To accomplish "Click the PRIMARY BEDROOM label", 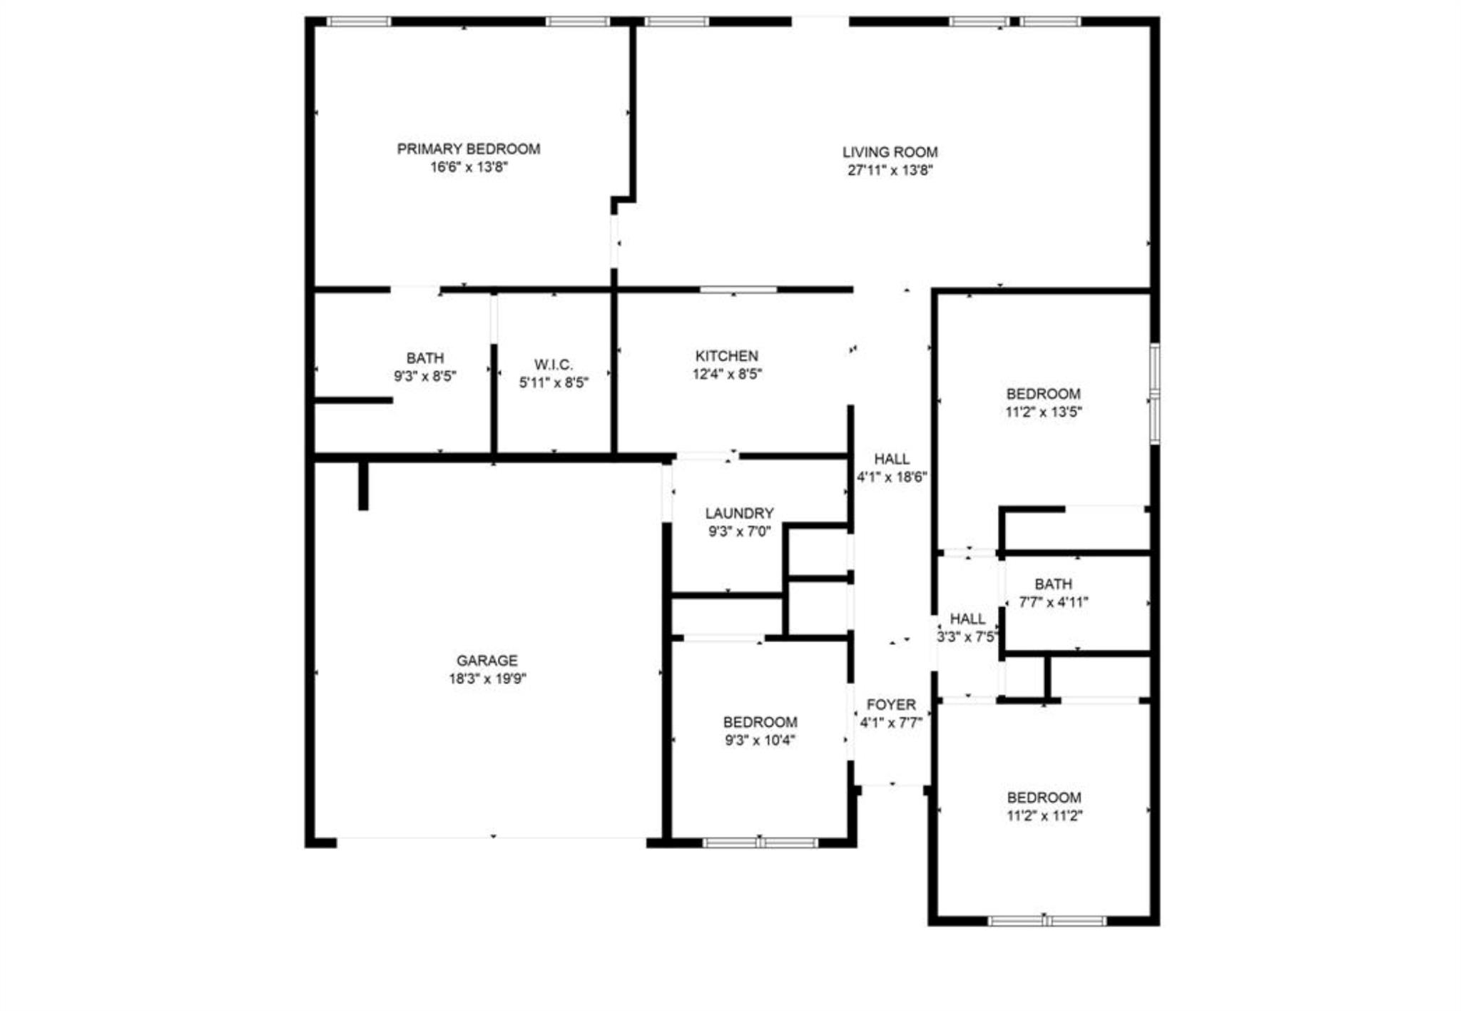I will (468, 149).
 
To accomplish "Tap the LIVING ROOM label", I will (890, 152).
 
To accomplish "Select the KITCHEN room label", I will (726, 356).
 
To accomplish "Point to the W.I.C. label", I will (554, 365).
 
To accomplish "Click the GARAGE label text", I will (487, 661).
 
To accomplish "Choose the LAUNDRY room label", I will (739, 513).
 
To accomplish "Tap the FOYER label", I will (891, 705).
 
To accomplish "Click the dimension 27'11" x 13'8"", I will (890, 171).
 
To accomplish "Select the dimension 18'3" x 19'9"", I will (487, 679).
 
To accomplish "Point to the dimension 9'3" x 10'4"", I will (760, 741).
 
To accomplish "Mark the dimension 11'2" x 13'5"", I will (1043, 412).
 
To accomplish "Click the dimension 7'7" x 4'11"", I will (1053, 602).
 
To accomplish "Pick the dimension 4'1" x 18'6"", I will (892, 477).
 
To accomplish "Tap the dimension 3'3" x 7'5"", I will (967, 637).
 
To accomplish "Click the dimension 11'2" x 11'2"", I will (1044, 816).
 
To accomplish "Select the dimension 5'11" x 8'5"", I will (554, 383).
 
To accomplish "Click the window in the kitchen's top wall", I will (738, 290).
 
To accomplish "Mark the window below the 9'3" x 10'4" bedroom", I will (760, 843).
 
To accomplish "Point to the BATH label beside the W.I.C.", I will (424, 358).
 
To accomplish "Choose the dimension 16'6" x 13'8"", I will (468, 168).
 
